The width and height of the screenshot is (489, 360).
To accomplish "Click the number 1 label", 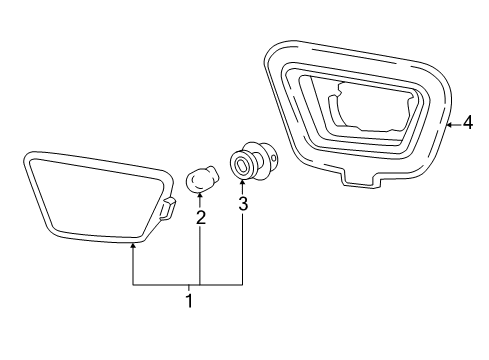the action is (x=187, y=301).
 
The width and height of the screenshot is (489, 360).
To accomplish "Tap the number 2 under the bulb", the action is (x=200, y=216).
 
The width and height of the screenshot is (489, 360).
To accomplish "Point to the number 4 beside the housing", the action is (x=468, y=124).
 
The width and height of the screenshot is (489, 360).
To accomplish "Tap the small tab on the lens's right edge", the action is (x=170, y=207).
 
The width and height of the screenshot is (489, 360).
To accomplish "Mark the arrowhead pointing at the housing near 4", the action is (x=449, y=124).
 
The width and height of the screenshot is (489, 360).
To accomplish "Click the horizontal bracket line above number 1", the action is (x=187, y=285).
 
